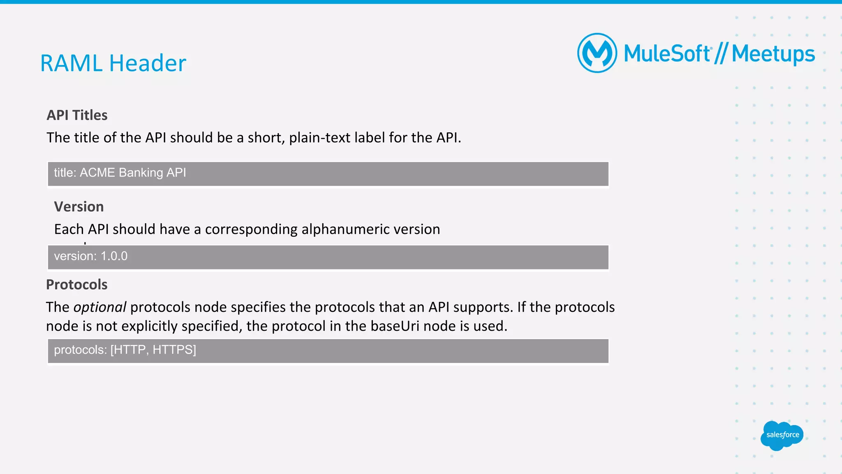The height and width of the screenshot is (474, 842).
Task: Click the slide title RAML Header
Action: [x=113, y=63]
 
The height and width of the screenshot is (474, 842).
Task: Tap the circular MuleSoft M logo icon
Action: [x=597, y=53]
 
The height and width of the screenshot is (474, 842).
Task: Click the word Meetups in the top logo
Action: [x=773, y=54]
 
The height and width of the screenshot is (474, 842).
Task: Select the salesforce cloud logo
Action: [x=782, y=435]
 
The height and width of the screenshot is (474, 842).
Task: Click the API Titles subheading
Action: [x=77, y=115]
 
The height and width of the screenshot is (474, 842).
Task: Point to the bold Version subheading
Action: [x=79, y=207]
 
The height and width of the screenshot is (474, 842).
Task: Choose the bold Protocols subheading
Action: [x=77, y=284]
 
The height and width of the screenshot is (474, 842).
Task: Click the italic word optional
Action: [x=100, y=307]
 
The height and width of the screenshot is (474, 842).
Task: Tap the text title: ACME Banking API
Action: [x=120, y=173]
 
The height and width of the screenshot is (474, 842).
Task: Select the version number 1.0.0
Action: [x=114, y=256]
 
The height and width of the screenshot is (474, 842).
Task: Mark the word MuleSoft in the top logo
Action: [x=667, y=54]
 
